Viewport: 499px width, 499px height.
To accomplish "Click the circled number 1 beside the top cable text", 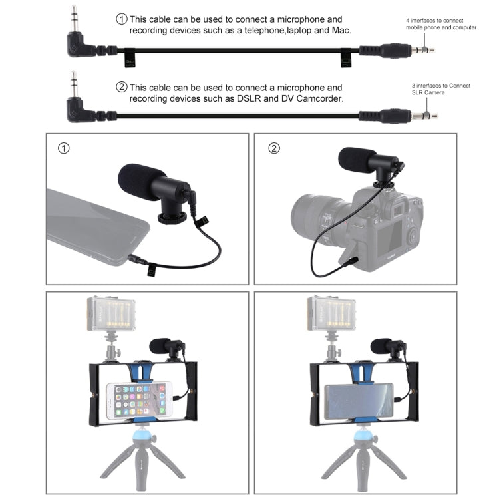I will (122, 19).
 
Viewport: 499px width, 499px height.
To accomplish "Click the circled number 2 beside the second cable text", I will (122, 87).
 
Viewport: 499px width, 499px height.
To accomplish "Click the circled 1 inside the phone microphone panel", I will (63, 148).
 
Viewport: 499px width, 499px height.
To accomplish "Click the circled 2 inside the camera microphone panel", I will (273, 148).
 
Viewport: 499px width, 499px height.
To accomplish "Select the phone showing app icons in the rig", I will (144, 397).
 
